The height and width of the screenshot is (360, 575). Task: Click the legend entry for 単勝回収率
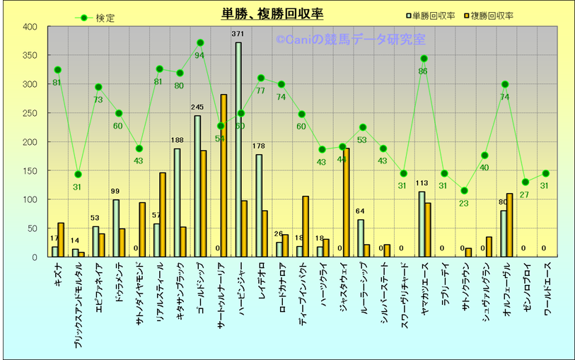coord(432,15)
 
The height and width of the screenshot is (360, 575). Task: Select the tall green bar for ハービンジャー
coord(238,149)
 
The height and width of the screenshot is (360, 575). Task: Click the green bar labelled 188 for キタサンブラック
coord(177,202)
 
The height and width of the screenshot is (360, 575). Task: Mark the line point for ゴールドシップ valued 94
coord(200,43)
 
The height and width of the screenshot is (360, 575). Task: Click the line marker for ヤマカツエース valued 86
coord(424,59)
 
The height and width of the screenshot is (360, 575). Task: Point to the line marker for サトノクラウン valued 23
coord(465,191)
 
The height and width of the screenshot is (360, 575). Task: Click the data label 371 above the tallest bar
coord(238,34)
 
